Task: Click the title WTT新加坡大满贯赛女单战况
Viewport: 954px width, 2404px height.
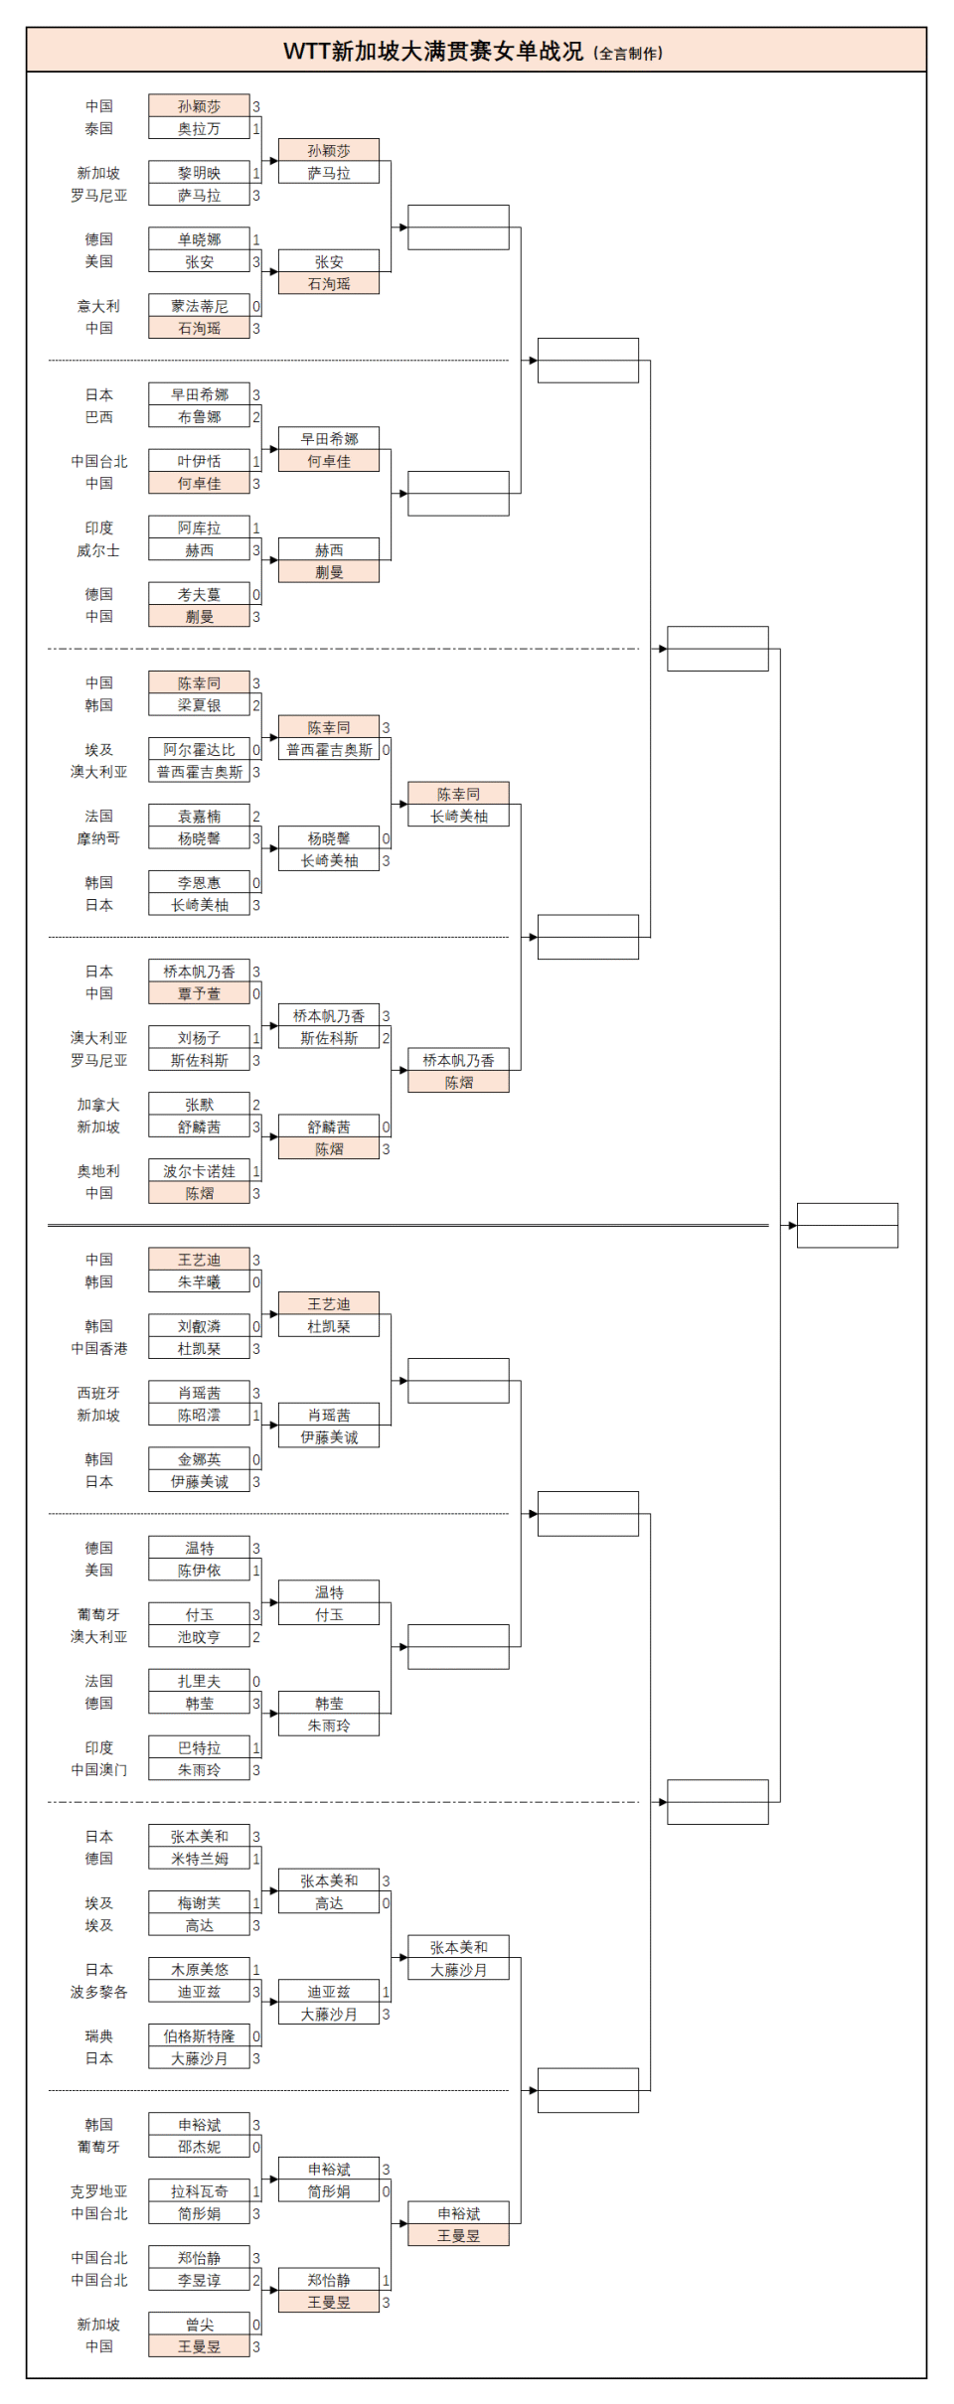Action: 433,51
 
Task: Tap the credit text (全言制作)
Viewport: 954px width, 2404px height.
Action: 628,54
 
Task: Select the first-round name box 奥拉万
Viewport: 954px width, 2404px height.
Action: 199,129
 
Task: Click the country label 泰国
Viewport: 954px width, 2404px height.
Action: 98,129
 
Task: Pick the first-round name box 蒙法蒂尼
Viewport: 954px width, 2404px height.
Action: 199,306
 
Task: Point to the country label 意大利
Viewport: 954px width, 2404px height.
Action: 98,306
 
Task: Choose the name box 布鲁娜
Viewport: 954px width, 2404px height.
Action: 199,417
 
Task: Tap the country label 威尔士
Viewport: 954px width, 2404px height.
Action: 98,550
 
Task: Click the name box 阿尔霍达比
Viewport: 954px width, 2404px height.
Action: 199,750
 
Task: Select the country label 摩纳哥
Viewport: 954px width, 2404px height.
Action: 98,838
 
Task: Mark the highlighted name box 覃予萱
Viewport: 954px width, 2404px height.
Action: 199,993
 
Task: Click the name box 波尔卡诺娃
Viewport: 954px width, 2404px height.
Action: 199,1171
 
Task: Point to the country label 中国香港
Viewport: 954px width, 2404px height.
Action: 98,1348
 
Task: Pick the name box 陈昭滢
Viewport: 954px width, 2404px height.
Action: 199,1415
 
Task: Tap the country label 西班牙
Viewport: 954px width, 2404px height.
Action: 98,1393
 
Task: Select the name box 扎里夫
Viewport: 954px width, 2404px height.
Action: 199,1681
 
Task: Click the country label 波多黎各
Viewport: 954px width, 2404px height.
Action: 98,1992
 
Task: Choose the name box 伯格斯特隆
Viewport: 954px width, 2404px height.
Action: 199,2036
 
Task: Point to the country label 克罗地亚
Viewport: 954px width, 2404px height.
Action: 98,2191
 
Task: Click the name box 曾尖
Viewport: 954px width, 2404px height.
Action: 199,2325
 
